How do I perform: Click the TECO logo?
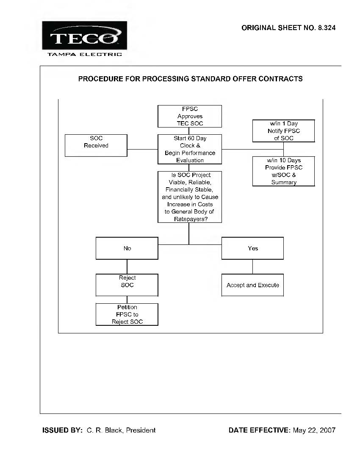tap(85, 35)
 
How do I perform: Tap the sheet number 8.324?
tap(327, 28)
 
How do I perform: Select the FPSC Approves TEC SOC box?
tap(190, 116)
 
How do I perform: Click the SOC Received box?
tap(96, 145)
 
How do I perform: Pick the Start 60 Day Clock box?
tap(190, 149)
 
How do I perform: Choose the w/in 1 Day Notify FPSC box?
tap(284, 131)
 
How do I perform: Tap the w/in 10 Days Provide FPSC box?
tap(284, 171)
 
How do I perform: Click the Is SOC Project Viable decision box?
tap(190, 197)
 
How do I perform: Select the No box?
tap(127, 248)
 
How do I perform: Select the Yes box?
tap(253, 248)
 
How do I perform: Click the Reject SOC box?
tap(127, 285)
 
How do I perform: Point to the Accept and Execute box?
tap(253, 285)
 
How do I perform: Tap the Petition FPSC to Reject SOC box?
tap(127, 314)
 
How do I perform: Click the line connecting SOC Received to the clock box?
tap(143, 149)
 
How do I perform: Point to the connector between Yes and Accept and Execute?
tap(253, 266)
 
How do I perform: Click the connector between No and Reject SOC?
tap(127, 266)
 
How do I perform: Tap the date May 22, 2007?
tap(314, 430)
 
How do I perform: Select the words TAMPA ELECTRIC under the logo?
tap(85, 54)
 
